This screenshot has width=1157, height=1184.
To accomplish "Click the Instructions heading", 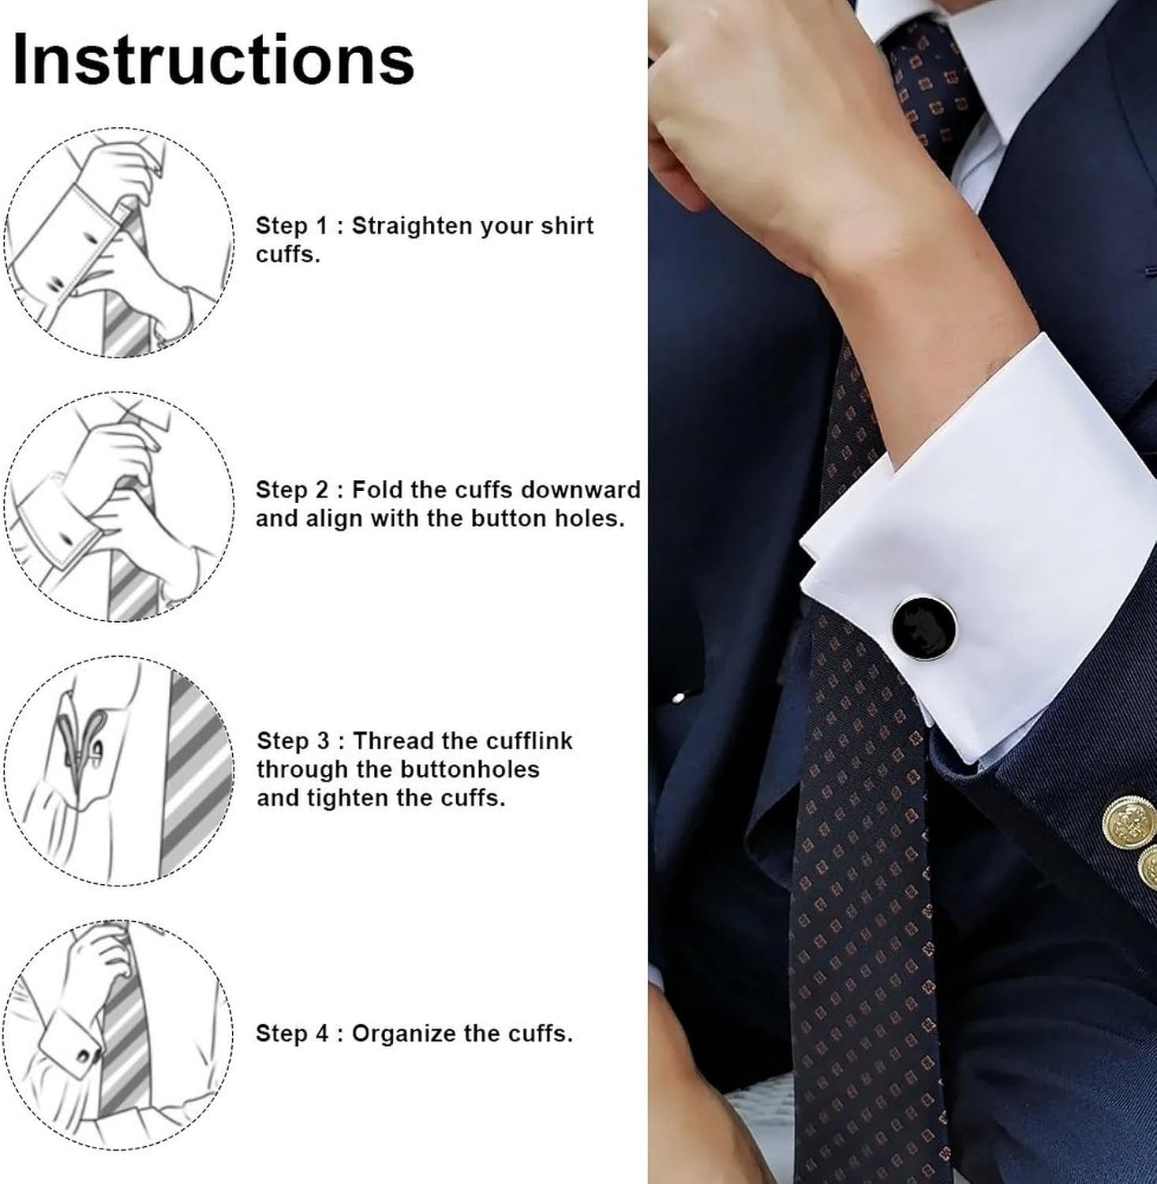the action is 214,58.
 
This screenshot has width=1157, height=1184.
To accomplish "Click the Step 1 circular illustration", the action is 119,242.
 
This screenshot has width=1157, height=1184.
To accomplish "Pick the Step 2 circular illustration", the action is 119,506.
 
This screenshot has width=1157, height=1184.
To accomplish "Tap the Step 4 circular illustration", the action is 119,1034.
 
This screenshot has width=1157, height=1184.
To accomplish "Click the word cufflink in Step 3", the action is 528,740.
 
